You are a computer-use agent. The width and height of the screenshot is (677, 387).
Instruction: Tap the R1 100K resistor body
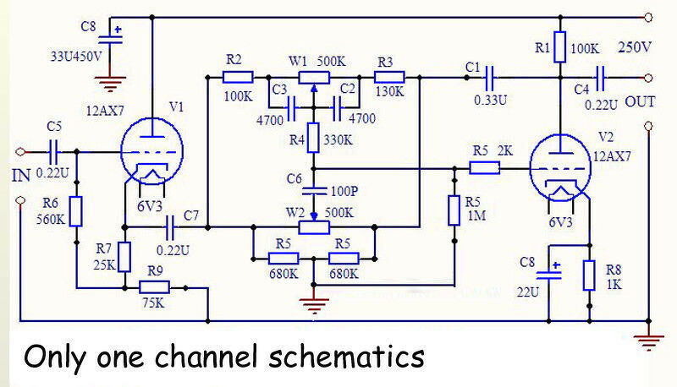559,47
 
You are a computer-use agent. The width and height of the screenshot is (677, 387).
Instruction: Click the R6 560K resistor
76,211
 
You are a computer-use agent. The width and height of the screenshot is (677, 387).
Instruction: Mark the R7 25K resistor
124,256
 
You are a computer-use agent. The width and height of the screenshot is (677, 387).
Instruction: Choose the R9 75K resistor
153,288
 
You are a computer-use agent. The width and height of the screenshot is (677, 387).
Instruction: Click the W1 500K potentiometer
313,77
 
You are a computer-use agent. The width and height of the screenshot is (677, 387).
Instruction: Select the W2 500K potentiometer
313,227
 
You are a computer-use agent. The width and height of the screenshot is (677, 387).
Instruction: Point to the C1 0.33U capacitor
490,77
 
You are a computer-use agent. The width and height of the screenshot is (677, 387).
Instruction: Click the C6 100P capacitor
313,188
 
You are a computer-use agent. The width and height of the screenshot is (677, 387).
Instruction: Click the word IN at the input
21,177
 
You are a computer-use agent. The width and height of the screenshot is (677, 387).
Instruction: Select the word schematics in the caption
344,357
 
